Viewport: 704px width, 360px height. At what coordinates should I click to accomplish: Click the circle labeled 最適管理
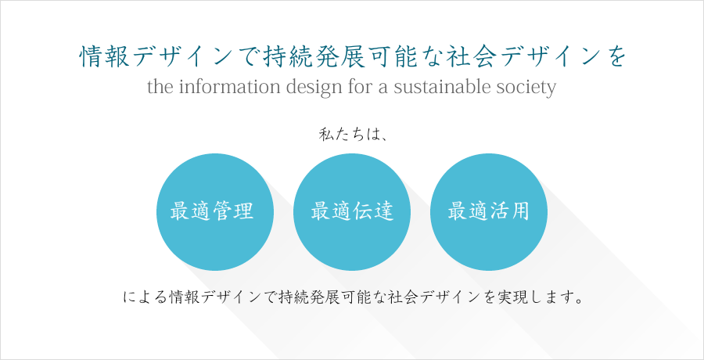pos(215,212)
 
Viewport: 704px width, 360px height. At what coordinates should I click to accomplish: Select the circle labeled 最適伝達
pos(352,212)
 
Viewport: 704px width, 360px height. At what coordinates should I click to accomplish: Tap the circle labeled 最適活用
pos(489,212)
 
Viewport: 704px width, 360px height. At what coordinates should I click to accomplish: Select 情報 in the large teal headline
pos(105,58)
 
